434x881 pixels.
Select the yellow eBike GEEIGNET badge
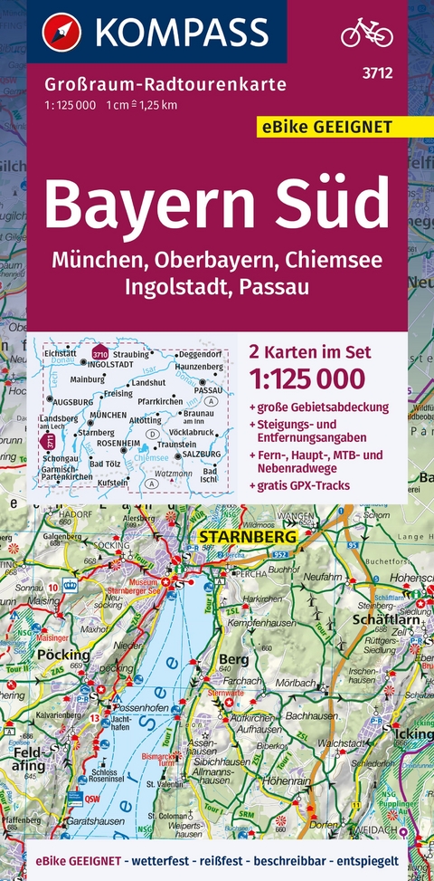(328, 127)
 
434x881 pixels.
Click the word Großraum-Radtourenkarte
(164, 86)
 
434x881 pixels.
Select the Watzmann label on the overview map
(173, 473)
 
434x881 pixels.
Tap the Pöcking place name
(63, 654)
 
